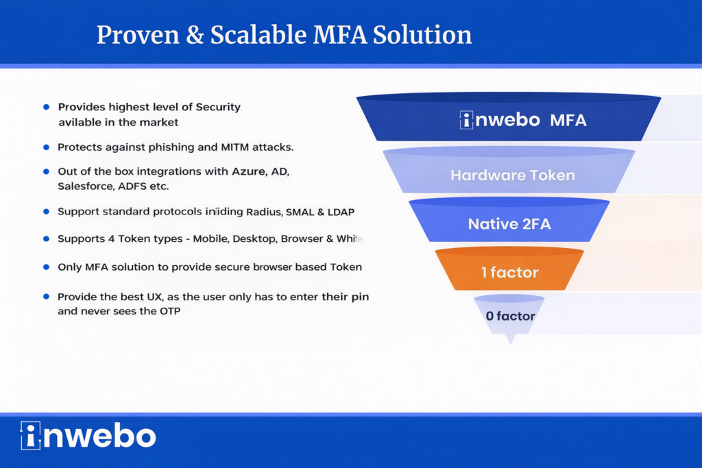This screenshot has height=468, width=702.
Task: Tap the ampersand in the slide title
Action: (195, 36)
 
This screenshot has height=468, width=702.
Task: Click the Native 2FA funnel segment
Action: (509, 220)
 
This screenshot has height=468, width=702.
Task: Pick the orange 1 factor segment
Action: (509, 269)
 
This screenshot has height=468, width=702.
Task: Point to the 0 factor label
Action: (510, 317)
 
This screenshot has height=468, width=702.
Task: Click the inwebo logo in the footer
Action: (88, 436)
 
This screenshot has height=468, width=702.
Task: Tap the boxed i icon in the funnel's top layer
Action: (466, 120)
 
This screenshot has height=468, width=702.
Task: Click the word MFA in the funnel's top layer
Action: (568, 121)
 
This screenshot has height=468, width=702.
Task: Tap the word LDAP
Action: (341, 212)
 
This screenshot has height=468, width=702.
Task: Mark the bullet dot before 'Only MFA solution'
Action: (46, 267)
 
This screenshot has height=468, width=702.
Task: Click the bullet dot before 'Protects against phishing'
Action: (46, 147)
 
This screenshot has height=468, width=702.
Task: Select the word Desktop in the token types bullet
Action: (254, 239)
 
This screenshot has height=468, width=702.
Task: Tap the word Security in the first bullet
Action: (218, 108)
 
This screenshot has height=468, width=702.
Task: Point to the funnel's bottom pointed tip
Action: (510, 343)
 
